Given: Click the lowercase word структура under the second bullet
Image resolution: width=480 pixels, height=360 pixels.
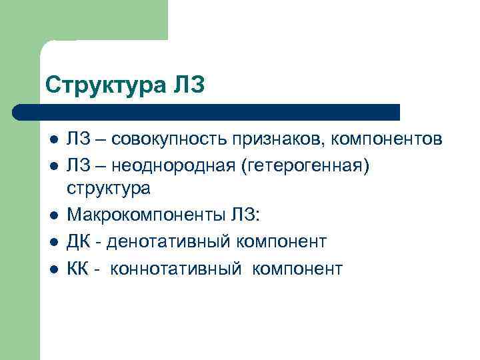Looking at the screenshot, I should coord(109,189).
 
